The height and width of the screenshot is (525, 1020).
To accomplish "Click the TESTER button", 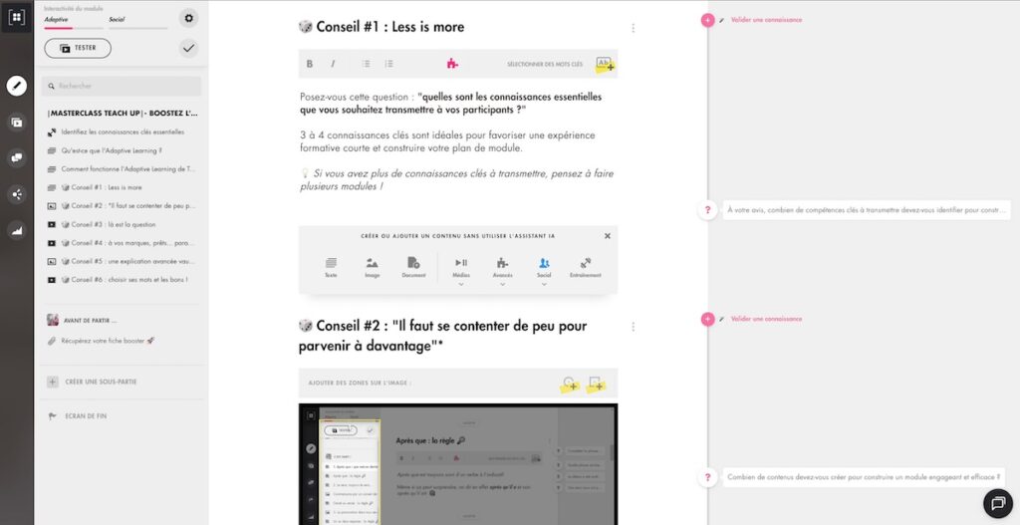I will pyautogui.click(x=78, y=48).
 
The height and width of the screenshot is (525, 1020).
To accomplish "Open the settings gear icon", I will pyautogui.click(x=189, y=18).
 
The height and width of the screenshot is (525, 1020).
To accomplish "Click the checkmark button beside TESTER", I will pyautogui.click(x=189, y=48).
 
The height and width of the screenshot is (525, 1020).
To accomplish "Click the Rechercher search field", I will pyautogui.click(x=124, y=87).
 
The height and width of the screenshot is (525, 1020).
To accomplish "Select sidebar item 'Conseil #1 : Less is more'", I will pyautogui.click(x=106, y=187).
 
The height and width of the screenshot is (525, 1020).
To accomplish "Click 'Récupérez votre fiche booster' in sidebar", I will pyautogui.click(x=108, y=341).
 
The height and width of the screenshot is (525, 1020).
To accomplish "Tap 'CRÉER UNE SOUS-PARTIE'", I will pyautogui.click(x=101, y=382).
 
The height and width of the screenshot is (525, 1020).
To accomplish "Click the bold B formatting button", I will pyautogui.click(x=310, y=64).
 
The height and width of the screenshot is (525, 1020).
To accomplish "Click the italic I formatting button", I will pyautogui.click(x=333, y=64).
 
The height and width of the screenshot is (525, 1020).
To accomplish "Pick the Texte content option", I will pyautogui.click(x=331, y=266).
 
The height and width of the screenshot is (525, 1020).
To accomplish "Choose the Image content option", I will pyautogui.click(x=372, y=266).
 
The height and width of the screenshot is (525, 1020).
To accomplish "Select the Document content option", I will pyautogui.click(x=413, y=266).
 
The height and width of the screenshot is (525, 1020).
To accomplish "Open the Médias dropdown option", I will pyautogui.click(x=461, y=267).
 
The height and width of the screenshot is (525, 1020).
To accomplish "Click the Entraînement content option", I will pyautogui.click(x=586, y=266).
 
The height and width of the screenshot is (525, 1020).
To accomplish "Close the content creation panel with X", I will pyautogui.click(x=608, y=236).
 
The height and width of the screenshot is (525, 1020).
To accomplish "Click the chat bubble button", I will pyautogui.click(x=998, y=504).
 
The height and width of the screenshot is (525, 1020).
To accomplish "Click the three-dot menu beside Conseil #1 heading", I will pyautogui.click(x=634, y=28).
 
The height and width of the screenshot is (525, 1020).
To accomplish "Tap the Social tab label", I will pyautogui.click(x=117, y=19).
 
